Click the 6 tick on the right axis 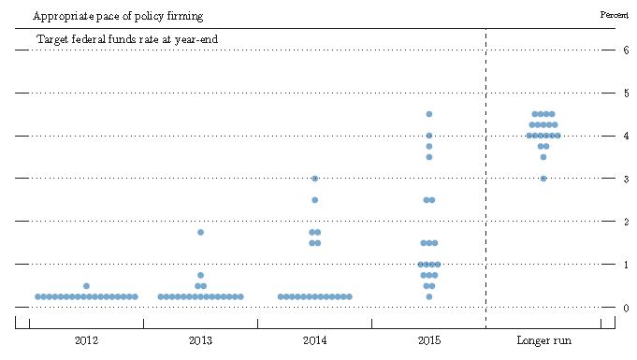coord(625,50)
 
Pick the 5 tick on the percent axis coord(625,94)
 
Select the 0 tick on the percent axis coord(625,308)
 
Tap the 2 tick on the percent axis coord(625,222)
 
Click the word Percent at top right coord(614,15)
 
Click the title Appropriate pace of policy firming coord(118,17)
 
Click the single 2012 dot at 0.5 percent coord(86,286)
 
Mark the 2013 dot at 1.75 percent coord(200,232)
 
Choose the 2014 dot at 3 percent coord(315,179)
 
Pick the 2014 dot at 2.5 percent coord(315,200)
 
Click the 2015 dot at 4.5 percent coord(429,114)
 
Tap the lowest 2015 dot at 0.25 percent coord(429,296)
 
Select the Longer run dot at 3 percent coord(543,179)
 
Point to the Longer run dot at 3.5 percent coord(543,157)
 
